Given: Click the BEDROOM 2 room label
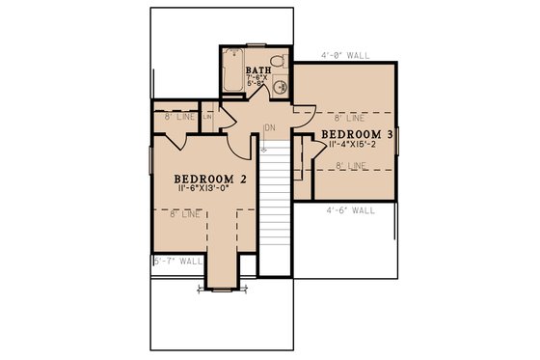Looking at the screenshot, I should click(x=211, y=179).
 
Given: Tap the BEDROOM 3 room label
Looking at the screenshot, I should click(x=357, y=134).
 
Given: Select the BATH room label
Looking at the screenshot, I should click(x=257, y=70).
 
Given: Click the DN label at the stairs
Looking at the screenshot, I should click(x=271, y=127).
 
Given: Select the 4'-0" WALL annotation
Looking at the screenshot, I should click(x=342, y=55).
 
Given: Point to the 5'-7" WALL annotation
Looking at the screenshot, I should click(x=177, y=261).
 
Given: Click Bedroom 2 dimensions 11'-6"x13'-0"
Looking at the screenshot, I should click(x=211, y=190).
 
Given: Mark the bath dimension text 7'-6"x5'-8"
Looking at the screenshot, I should click(x=257, y=81).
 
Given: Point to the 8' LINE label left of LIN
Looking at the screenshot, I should click(x=174, y=117).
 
